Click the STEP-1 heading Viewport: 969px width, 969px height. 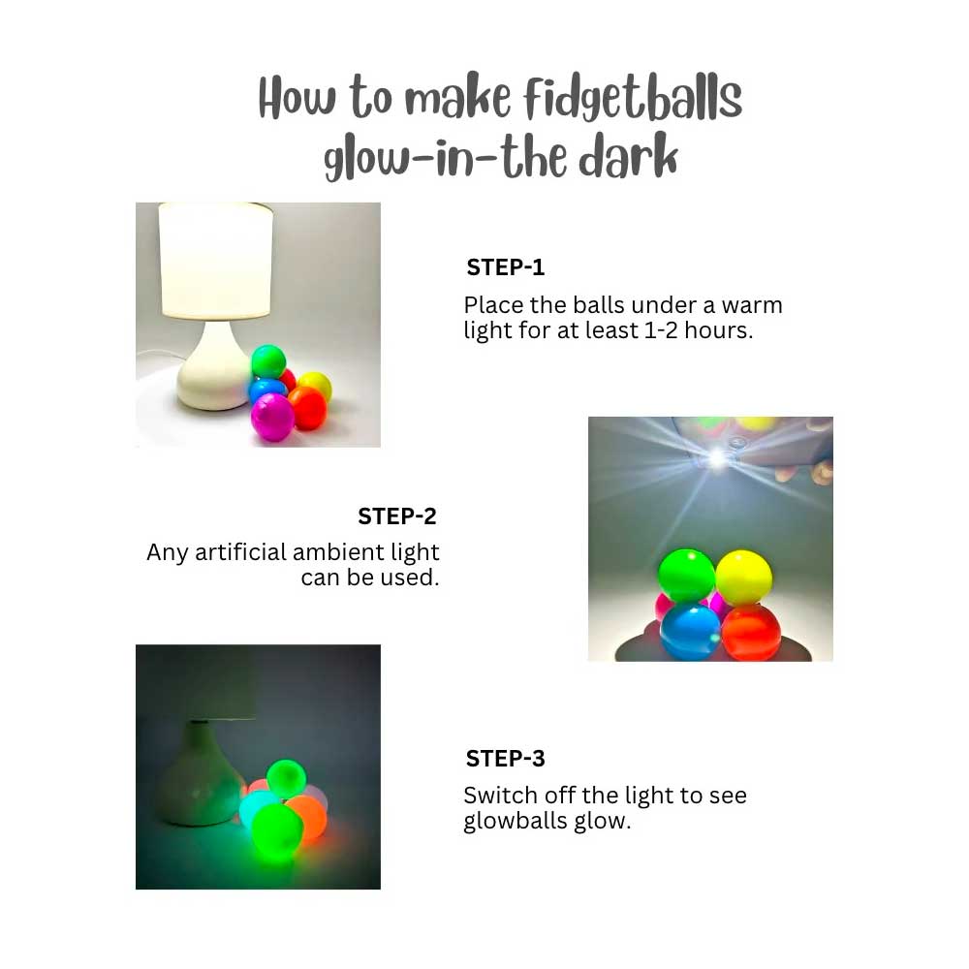point(506,267)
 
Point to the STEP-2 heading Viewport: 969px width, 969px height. point(397,516)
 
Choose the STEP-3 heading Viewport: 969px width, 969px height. point(505,759)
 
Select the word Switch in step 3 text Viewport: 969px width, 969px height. point(501,797)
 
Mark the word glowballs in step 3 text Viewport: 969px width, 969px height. point(514,823)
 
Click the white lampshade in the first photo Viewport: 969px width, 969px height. point(214,260)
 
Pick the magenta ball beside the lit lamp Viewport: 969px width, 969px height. point(272,418)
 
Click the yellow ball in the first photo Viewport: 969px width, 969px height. point(315,386)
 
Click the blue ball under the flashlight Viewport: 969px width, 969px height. point(690,631)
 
